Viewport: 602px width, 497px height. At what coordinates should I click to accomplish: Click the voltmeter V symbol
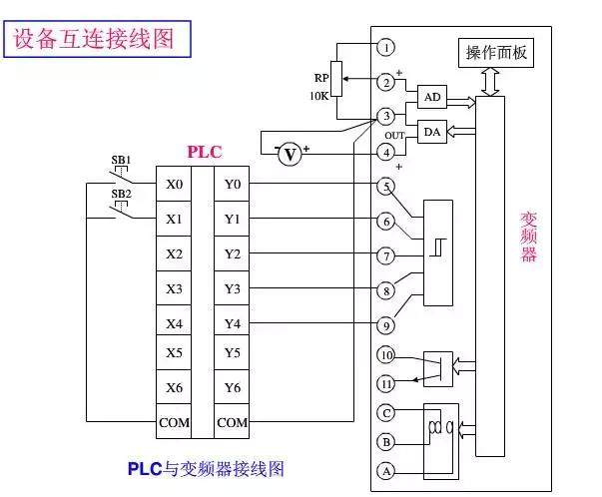click(290, 154)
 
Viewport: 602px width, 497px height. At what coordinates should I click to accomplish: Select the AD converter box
click(431, 97)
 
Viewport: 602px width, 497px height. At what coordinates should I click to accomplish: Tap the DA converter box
click(431, 133)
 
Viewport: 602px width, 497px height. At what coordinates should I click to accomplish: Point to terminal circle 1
click(386, 47)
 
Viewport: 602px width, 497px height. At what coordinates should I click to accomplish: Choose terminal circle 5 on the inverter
click(386, 186)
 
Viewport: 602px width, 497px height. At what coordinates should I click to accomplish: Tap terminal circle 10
click(386, 355)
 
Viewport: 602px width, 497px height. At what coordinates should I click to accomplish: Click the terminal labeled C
click(386, 411)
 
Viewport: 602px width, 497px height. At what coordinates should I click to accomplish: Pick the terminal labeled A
click(386, 471)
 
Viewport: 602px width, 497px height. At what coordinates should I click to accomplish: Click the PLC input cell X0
click(174, 185)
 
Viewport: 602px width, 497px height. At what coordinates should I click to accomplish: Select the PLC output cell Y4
click(233, 323)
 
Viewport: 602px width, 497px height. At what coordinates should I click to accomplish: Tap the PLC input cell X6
click(174, 387)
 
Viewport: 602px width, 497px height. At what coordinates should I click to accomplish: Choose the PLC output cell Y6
click(233, 387)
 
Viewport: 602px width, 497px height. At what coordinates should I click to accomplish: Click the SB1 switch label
click(121, 160)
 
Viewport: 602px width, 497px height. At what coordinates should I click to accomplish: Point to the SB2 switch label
click(121, 194)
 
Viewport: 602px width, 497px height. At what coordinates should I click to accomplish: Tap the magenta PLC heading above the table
click(205, 153)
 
